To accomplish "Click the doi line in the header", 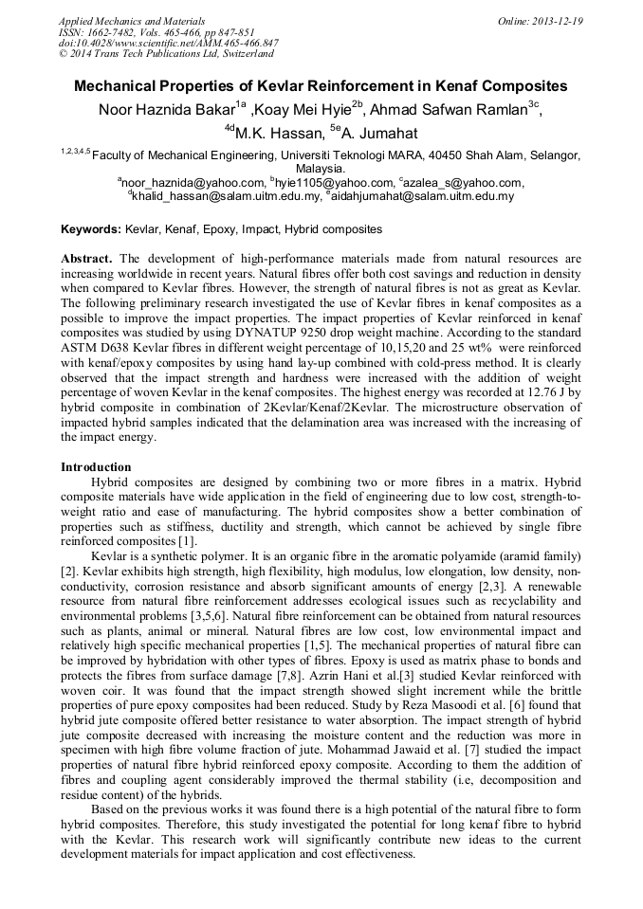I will pyautogui.click(x=168, y=44).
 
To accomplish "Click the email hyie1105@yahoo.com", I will pyautogui.click(x=329, y=183).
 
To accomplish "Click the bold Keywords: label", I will pyautogui.click(x=91, y=229).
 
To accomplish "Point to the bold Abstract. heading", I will pyautogui.click(x=87, y=259).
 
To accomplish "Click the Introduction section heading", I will pyautogui.click(x=96, y=467).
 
